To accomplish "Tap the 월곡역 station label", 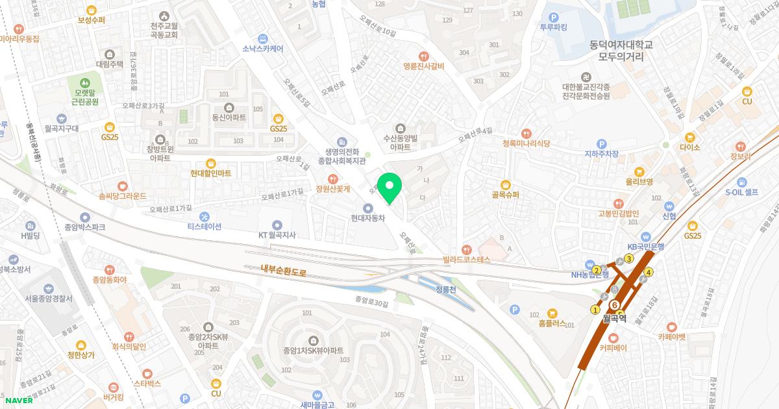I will click(613, 318).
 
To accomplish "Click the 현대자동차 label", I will click(368, 218).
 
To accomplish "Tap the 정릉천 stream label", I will click(447, 289).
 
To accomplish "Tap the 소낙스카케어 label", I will click(262, 48).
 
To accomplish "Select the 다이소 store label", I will click(689, 147).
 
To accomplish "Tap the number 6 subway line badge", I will click(614, 304).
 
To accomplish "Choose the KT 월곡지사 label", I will click(277, 234).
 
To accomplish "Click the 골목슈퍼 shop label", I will click(506, 193).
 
